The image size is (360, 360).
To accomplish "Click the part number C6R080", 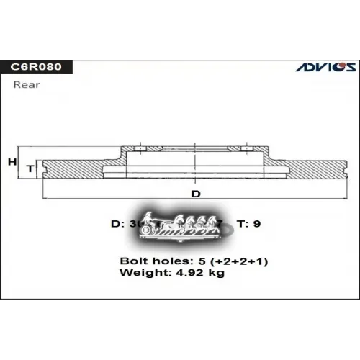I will click(x=35, y=67).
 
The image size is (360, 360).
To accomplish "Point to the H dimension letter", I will click(x=12, y=163).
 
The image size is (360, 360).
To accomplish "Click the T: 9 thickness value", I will click(x=248, y=224).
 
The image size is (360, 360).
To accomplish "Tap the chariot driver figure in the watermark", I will click(x=149, y=218).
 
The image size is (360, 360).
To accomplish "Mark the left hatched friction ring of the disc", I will click(x=72, y=168).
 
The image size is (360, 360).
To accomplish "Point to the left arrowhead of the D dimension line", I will click(x=46, y=199).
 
